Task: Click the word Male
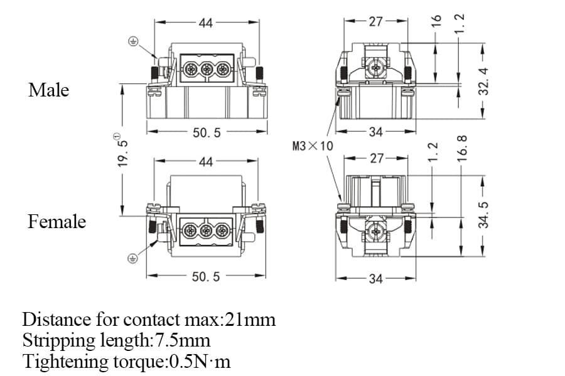48,90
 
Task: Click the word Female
56,222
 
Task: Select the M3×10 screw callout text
313,147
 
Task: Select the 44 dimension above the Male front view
206,23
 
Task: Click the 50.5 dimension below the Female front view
206,276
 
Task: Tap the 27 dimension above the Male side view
375,21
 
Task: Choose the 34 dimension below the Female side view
375,278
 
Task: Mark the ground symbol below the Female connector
132,258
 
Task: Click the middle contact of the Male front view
207,67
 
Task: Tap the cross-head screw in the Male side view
375,66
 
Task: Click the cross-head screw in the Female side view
375,231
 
